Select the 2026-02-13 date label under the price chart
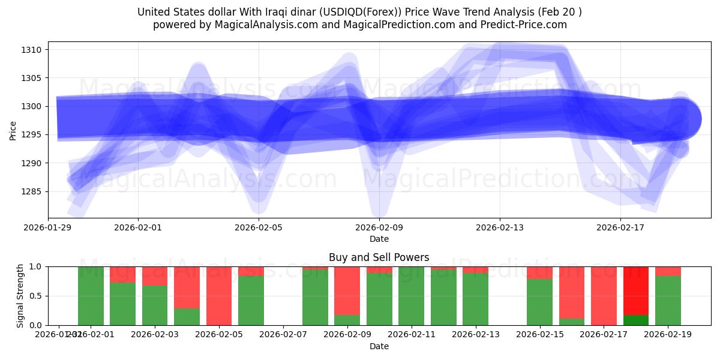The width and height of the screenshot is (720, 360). pyautogui.click(x=500, y=227)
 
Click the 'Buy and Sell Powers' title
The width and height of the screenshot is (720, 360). pyautogui.click(x=379, y=257)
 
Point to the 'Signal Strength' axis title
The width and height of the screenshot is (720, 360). pyautogui.click(x=20, y=296)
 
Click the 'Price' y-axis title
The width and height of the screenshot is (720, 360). pyautogui.click(x=13, y=130)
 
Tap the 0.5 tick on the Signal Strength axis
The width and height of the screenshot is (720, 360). pyautogui.click(x=35, y=296)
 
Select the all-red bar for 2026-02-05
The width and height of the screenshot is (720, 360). pyautogui.click(x=219, y=296)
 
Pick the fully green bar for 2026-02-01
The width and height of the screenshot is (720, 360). pyautogui.click(x=91, y=296)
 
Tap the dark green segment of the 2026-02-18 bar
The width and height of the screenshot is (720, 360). pyautogui.click(x=636, y=320)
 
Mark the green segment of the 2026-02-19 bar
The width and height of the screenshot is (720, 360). pyautogui.click(x=668, y=301)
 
